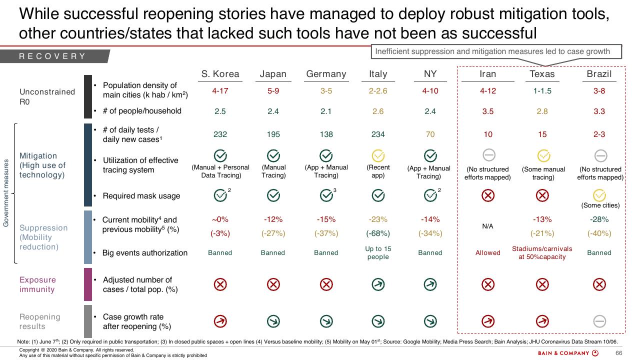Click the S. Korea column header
220,74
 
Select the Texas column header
542,74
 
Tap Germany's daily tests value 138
326,134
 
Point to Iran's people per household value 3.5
487,111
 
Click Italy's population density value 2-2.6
377,91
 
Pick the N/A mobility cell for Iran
487,226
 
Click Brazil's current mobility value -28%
599,219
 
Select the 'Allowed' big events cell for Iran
487,253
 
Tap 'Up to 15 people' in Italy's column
377,253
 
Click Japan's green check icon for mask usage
273,195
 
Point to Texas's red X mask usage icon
542,195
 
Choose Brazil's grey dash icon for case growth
599,321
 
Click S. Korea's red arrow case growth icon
220,321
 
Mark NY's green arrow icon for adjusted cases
430,284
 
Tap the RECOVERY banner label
52,56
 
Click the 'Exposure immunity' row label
37,284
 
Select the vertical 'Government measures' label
5,193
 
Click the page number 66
618,353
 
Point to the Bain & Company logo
568,353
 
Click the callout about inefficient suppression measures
496,51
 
